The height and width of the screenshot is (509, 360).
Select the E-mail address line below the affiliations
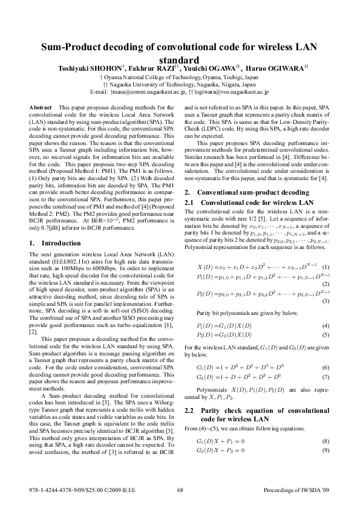tap(179, 92)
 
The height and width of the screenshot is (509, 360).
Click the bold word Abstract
tap(41, 106)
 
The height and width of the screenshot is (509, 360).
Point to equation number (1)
tap(325, 267)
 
